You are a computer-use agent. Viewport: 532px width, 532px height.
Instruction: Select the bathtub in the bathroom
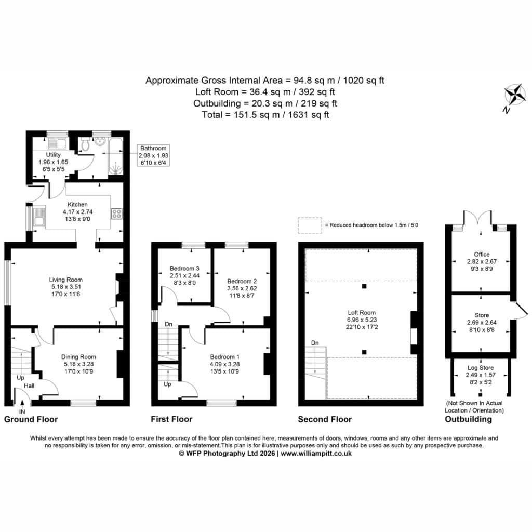coord(116,156)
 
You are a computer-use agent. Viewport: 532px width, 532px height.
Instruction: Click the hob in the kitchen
coord(116,214)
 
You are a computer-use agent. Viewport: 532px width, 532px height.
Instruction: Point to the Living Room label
coord(66,280)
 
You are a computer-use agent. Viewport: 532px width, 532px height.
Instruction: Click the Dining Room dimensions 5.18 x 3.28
coord(79,364)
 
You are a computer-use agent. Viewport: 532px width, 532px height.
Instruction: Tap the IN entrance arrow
coord(22,403)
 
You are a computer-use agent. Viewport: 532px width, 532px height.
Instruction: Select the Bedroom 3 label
coord(184,268)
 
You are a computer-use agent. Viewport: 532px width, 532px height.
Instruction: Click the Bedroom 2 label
coord(242,281)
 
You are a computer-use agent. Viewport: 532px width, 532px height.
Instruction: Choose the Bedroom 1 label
coord(224,356)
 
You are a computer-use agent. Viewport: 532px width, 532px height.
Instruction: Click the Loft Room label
coord(362,312)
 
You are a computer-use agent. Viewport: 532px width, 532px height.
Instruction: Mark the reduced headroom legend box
coord(310,225)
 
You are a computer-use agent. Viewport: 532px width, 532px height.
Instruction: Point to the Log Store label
coord(481,367)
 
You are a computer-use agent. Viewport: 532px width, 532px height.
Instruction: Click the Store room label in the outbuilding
coord(482,315)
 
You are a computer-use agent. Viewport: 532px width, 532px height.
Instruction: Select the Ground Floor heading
coord(31,419)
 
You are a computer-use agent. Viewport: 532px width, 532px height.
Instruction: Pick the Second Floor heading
coord(325,419)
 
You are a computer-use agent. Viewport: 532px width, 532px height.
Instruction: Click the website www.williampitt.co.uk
coord(316,453)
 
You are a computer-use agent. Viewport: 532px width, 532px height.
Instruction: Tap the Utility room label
coord(54,154)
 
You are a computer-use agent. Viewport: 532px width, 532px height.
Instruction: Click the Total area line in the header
coord(265,115)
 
